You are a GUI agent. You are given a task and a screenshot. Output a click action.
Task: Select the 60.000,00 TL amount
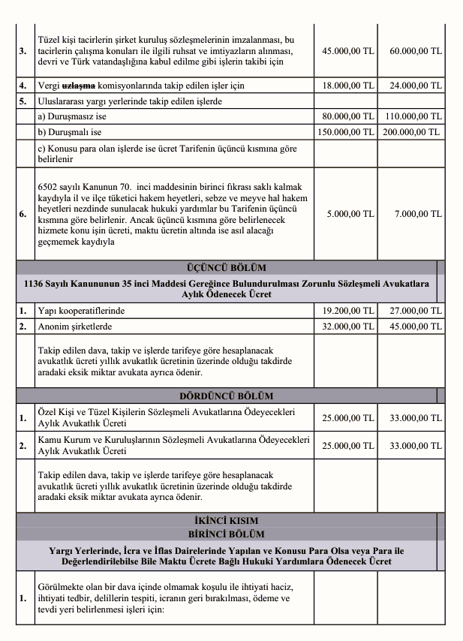tap(416, 51)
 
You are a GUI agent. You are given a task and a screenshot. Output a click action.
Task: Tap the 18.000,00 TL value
tap(347, 86)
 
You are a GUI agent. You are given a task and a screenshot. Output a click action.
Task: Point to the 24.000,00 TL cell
tap(416, 86)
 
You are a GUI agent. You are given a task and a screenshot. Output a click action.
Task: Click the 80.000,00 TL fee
tap(347, 116)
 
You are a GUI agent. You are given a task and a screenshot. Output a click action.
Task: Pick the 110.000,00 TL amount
tap(413, 116)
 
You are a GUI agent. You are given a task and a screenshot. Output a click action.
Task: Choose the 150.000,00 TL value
tap(344, 131)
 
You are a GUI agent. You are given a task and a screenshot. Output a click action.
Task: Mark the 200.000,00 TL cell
tap(413, 131)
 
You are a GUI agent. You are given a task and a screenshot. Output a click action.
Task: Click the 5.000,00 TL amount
tap(350, 214)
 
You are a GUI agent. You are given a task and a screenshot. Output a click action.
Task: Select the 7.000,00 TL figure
tap(419, 214)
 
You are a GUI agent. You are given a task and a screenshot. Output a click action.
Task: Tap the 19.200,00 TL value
tap(347, 310)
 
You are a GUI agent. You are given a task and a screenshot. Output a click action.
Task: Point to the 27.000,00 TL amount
tap(416, 310)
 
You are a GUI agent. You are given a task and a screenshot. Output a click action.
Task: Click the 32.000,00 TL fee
tap(347, 326)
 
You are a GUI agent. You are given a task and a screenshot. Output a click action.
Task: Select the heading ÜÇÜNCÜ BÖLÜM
tap(226, 267)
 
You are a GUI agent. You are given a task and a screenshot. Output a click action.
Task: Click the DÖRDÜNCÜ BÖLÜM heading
tap(226, 396)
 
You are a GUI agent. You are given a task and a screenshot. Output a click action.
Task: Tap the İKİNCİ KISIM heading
tap(226, 520)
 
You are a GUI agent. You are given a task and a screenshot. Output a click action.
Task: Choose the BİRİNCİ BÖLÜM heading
tap(226, 534)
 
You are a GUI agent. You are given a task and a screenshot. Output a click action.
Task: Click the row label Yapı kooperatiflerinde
tap(81, 310)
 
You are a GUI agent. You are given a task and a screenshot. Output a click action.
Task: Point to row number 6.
tap(23, 214)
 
